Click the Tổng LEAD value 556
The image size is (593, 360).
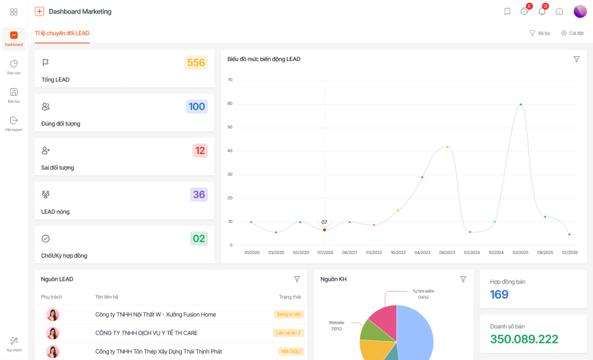(x=196, y=63)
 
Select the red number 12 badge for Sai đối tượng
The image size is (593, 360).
(x=200, y=150)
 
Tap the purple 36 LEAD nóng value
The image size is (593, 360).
(x=199, y=194)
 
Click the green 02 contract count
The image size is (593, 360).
(x=199, y=239)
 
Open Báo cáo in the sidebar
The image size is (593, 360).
(x=13, y=67)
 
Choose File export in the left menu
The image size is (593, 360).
(x=13, y=124)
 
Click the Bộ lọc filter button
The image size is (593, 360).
(x=540, y=33)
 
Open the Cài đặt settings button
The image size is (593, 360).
(x=572, y=33)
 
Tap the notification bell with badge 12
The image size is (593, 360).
(x=542, y=11)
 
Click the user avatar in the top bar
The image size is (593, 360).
(x=580, y=11)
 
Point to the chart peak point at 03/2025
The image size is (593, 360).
(x=521, y=104)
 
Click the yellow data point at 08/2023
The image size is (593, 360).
(x=447, y=147)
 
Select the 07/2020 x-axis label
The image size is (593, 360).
(x=325, y=252)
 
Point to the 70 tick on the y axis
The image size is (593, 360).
(x=230, y=80)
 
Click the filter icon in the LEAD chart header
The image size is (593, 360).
(x=576, y=59)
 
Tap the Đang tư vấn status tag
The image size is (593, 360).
(x=289, y=314)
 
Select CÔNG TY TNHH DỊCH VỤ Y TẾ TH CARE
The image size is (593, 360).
(x=146, y=333)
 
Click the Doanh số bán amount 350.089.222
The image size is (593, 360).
(x=524, y=339)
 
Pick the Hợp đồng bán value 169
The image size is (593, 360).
(x=499, y=295)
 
